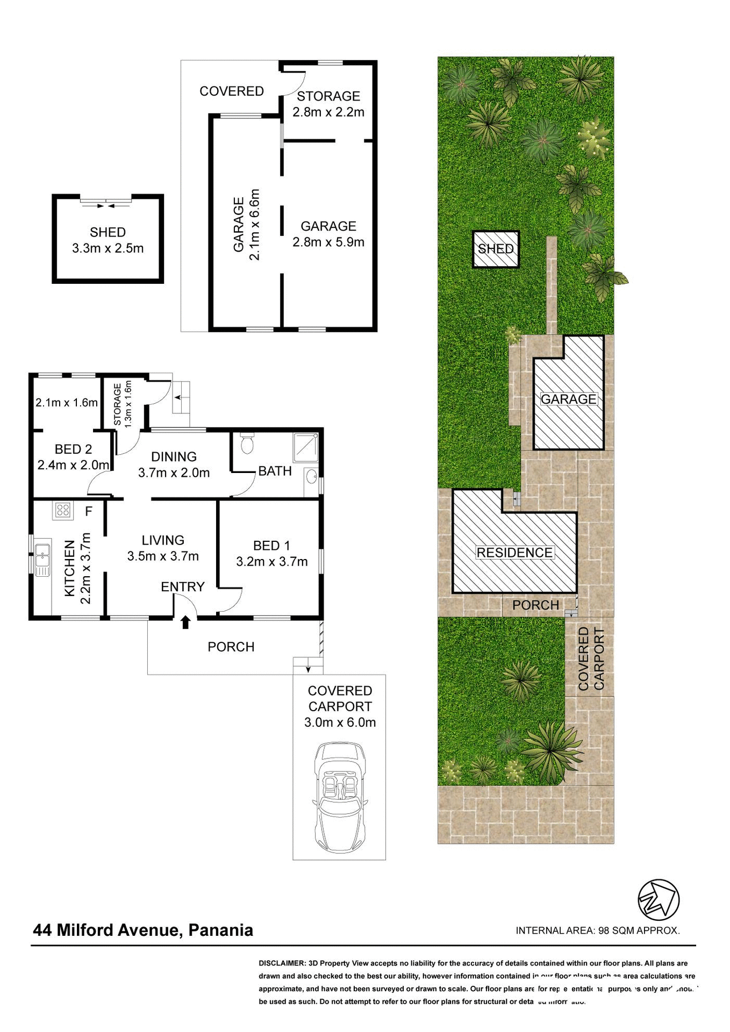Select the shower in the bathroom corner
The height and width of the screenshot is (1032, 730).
tap(305, 447)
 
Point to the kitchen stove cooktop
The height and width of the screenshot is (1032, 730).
tap(62, 510)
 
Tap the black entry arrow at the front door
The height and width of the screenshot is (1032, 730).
tap(185, 622)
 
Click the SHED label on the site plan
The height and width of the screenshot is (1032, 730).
tap(496, 249)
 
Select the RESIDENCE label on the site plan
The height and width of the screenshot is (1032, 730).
tap(514, 553)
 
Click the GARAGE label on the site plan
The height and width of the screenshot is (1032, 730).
tap(568, 399)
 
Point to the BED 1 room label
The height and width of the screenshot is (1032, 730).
tap(271, 546)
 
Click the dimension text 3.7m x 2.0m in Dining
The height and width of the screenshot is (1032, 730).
tap(174, 473)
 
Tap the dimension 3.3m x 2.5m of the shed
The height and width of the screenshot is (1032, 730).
tap(108, 248)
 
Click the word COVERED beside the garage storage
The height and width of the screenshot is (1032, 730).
tap(232, 91)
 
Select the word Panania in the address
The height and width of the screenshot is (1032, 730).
tap(220, 930)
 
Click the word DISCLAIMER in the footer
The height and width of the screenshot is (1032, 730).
tap(282, 963)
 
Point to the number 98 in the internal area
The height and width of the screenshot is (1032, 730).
tap(604, 930)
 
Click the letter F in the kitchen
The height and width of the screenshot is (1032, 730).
tap(89, 511)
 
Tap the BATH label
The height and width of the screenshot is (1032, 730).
tap(275, 471)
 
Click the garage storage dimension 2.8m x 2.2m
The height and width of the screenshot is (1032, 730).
tap(328, 112)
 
